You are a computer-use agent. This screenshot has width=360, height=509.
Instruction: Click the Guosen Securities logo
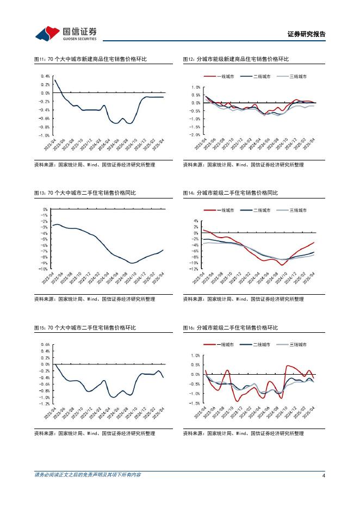click(66, 33)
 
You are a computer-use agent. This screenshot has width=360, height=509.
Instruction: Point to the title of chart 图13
click(85, 193)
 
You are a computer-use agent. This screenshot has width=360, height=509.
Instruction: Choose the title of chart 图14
click(230, 193)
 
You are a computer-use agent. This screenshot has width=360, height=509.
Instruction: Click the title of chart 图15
click(85, 328)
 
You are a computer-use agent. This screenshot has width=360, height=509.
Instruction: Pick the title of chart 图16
click(230, 328)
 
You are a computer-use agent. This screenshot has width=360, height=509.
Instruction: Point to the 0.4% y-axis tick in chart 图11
click(45, 77)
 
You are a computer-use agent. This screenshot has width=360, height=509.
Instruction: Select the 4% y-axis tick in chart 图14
click(196, 221)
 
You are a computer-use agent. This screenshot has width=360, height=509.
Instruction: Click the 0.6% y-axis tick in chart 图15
click(45, 345)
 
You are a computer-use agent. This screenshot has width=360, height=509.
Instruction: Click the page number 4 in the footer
click(324, 475)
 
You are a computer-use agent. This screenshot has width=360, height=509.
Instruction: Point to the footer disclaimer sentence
click(88, 475)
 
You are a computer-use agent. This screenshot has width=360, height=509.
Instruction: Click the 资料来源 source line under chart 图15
click(94, 433)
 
